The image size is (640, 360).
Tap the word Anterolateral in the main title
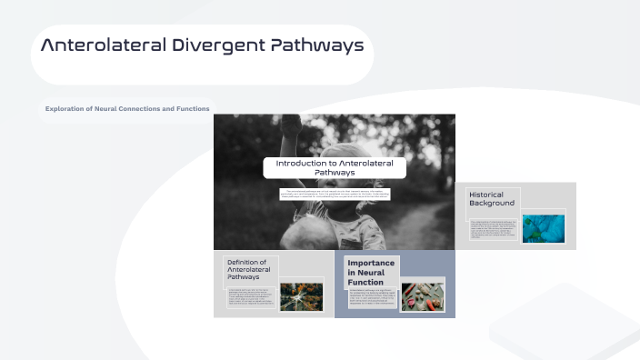click(x=104, y=45)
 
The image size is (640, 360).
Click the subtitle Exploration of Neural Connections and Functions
click(x=127, y=109)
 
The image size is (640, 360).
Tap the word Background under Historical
click(x=492, y=204)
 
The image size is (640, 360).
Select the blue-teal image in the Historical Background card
click(x=543, y=226)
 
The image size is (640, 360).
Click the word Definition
click(x=246, y=262)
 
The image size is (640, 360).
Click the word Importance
click(x=371, y=263)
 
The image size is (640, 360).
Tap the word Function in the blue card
click(x=365, y=282)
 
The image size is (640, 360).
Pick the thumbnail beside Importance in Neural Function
click(x=423, y=295)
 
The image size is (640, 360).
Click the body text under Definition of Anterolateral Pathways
click(x=251, y=296)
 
